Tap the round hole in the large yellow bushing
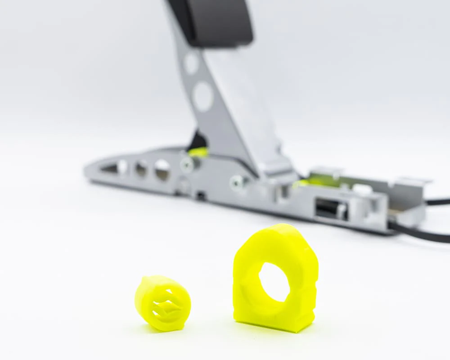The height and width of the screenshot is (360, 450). click(x=274, y=282)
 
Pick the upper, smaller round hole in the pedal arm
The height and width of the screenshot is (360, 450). click(x=191, y=63)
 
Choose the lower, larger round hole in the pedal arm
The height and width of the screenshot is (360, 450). click(x=202, y=96)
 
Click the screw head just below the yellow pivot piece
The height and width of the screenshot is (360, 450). click(x=187, y=164)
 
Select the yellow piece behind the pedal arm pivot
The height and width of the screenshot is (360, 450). click(x=198, y=152)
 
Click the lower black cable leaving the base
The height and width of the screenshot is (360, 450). click(x=423, y=234)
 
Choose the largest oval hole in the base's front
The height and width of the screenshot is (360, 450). click(x=162, y=170)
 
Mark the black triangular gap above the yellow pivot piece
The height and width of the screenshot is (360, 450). click(x=198, y=140)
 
